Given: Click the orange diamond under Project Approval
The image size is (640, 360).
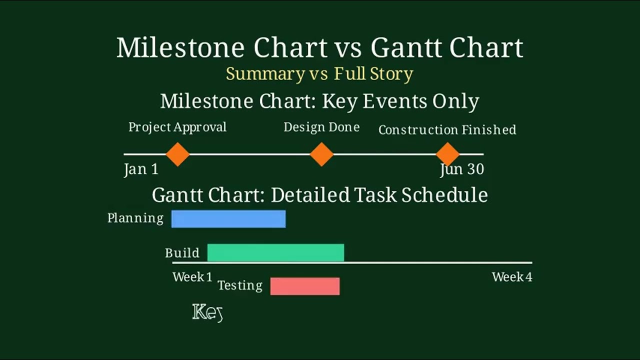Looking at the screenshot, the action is (177, 154).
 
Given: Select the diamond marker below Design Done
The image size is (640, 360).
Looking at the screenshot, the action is (321, 154).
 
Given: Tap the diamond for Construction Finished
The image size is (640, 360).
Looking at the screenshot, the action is (447, 154).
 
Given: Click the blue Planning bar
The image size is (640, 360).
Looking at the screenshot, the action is (228, 219).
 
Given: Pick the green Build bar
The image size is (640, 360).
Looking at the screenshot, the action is (275, 252).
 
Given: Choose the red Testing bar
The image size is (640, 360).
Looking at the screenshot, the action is (305, 286).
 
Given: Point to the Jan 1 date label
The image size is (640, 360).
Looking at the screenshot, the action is (141, 169).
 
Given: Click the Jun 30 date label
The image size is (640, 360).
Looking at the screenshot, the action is (462, 169).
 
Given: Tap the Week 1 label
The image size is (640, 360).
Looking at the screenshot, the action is (192, 277).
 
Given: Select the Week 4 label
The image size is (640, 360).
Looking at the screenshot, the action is (512, 277).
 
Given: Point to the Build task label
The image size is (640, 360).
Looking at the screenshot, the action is (182, 253).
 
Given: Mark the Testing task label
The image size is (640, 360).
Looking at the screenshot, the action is (240, 285).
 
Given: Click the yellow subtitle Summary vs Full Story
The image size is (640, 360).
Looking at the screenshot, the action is (319, 74).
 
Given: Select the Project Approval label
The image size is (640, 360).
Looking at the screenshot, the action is (177, 127).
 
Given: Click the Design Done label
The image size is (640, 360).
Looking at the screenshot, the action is (321, 127).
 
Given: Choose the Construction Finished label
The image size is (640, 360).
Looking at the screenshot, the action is (447, 130).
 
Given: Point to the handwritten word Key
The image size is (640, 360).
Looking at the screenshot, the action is (207, 313).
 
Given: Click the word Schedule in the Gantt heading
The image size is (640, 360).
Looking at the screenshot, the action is (444, 195).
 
